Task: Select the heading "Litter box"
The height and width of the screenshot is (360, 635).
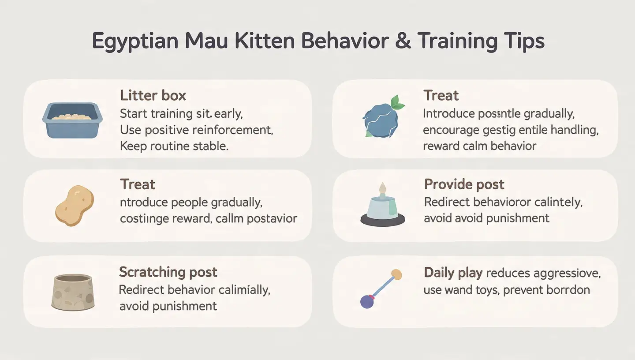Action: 153,96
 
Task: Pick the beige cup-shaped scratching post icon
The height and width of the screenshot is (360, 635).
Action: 72,292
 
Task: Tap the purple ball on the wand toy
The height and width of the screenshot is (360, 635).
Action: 367,302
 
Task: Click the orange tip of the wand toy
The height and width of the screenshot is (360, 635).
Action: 397,274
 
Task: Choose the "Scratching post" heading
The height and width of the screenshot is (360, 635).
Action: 168,272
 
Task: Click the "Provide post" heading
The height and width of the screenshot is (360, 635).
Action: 464,184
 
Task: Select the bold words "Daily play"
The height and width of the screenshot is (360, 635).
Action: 453,273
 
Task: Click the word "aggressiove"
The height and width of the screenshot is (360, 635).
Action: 567,273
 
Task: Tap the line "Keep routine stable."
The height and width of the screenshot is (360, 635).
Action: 174,146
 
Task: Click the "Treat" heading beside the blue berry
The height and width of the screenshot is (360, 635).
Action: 441,96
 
